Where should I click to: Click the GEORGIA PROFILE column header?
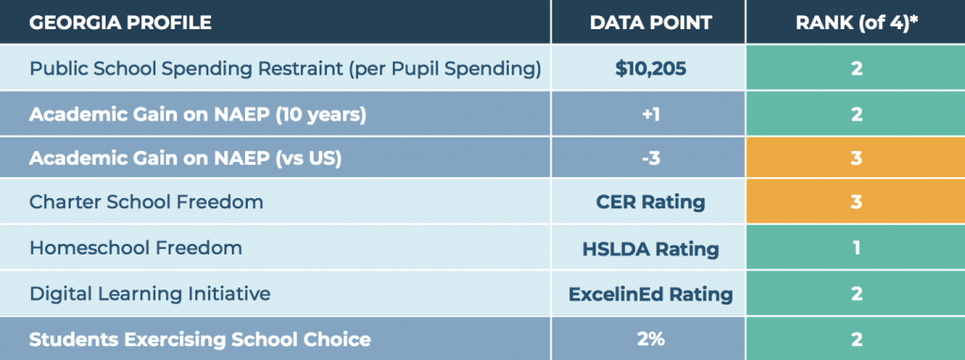coord(121,23)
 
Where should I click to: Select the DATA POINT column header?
coord(650,23)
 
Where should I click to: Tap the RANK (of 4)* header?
coord(857,23)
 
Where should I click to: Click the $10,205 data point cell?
coord(650,68)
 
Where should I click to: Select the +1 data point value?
coord(650,114)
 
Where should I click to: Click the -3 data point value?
coord(650,158)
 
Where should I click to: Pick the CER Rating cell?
coord(650,202)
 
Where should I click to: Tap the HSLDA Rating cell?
coord(650,248)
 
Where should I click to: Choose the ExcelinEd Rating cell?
coord(650,293)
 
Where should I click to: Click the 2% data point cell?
coord(650,339)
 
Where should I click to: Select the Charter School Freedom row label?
coord(146,202)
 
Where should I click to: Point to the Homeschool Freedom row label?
coord(136,248)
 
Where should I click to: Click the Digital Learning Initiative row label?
coord(150,293)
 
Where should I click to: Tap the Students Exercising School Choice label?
coord(200,339)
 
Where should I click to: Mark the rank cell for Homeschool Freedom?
coord(856,248)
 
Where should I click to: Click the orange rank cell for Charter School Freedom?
coord(856,202)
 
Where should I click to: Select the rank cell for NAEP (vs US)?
coord(856,158)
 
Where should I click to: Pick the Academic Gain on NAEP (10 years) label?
coord(198,114)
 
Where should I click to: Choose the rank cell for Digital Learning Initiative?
coord(856,293)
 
